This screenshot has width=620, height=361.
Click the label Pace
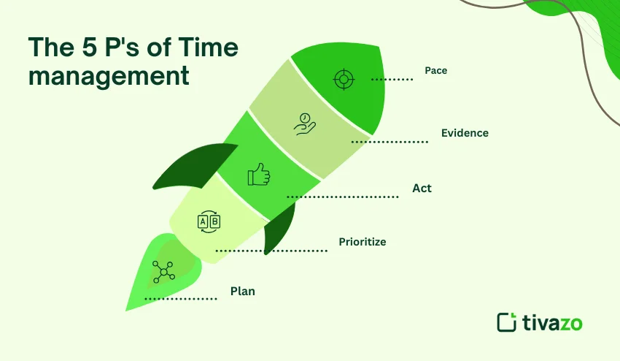(x=435, y=71)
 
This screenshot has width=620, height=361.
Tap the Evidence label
(x=465, y=133)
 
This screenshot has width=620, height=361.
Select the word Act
(x=422, y=188)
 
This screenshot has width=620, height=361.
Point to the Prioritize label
(x=362, y=241)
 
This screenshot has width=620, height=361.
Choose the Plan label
(x=243, y=291)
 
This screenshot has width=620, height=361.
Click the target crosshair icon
(x=342, y=78)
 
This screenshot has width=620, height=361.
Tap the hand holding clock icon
(x=305, y=123)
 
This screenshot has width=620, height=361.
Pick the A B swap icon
(x=209, y=221)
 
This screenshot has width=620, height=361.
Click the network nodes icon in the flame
(x=164, y=272)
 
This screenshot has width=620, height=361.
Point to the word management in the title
(x=109, y=75)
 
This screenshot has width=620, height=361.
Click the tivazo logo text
(x=553, y=322)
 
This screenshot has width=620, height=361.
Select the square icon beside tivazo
(x=507, y=322)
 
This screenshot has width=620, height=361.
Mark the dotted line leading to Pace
(x=392, y=78)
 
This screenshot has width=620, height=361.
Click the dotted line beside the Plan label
(x=181, y=298)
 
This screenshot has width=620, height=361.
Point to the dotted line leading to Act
(x=342, y=197)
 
